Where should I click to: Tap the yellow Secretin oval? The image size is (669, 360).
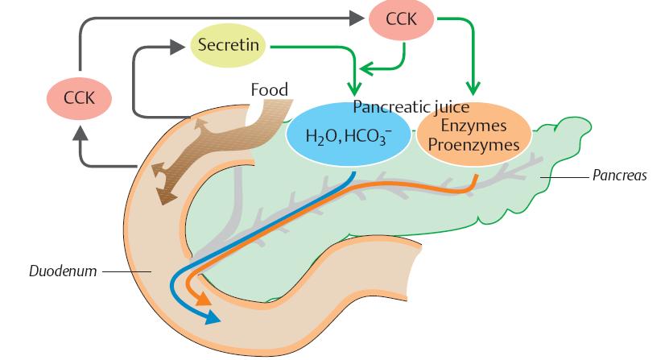pyautogui.click(x=229, y=45)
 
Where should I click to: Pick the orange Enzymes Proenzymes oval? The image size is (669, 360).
pyautogui.click(x=473, y=135)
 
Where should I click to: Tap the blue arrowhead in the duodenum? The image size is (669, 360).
pyautogui.click(x=212, y=318)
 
